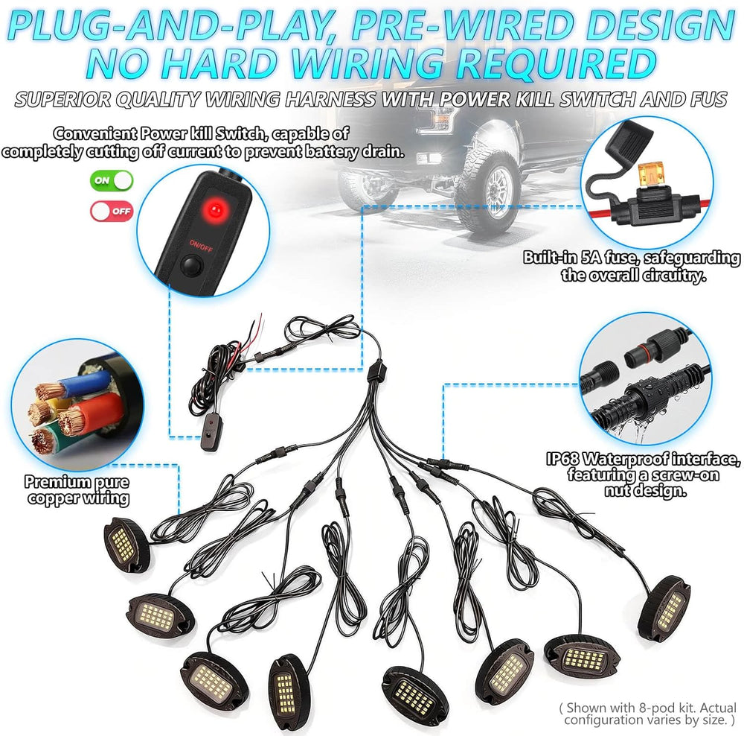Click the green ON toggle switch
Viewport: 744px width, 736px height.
[x=112, y=180]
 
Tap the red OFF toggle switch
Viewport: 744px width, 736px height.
[x=112, y=211]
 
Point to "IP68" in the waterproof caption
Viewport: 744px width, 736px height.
[x=562, y=459]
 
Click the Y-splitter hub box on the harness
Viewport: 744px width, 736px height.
[x=377, y=371]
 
